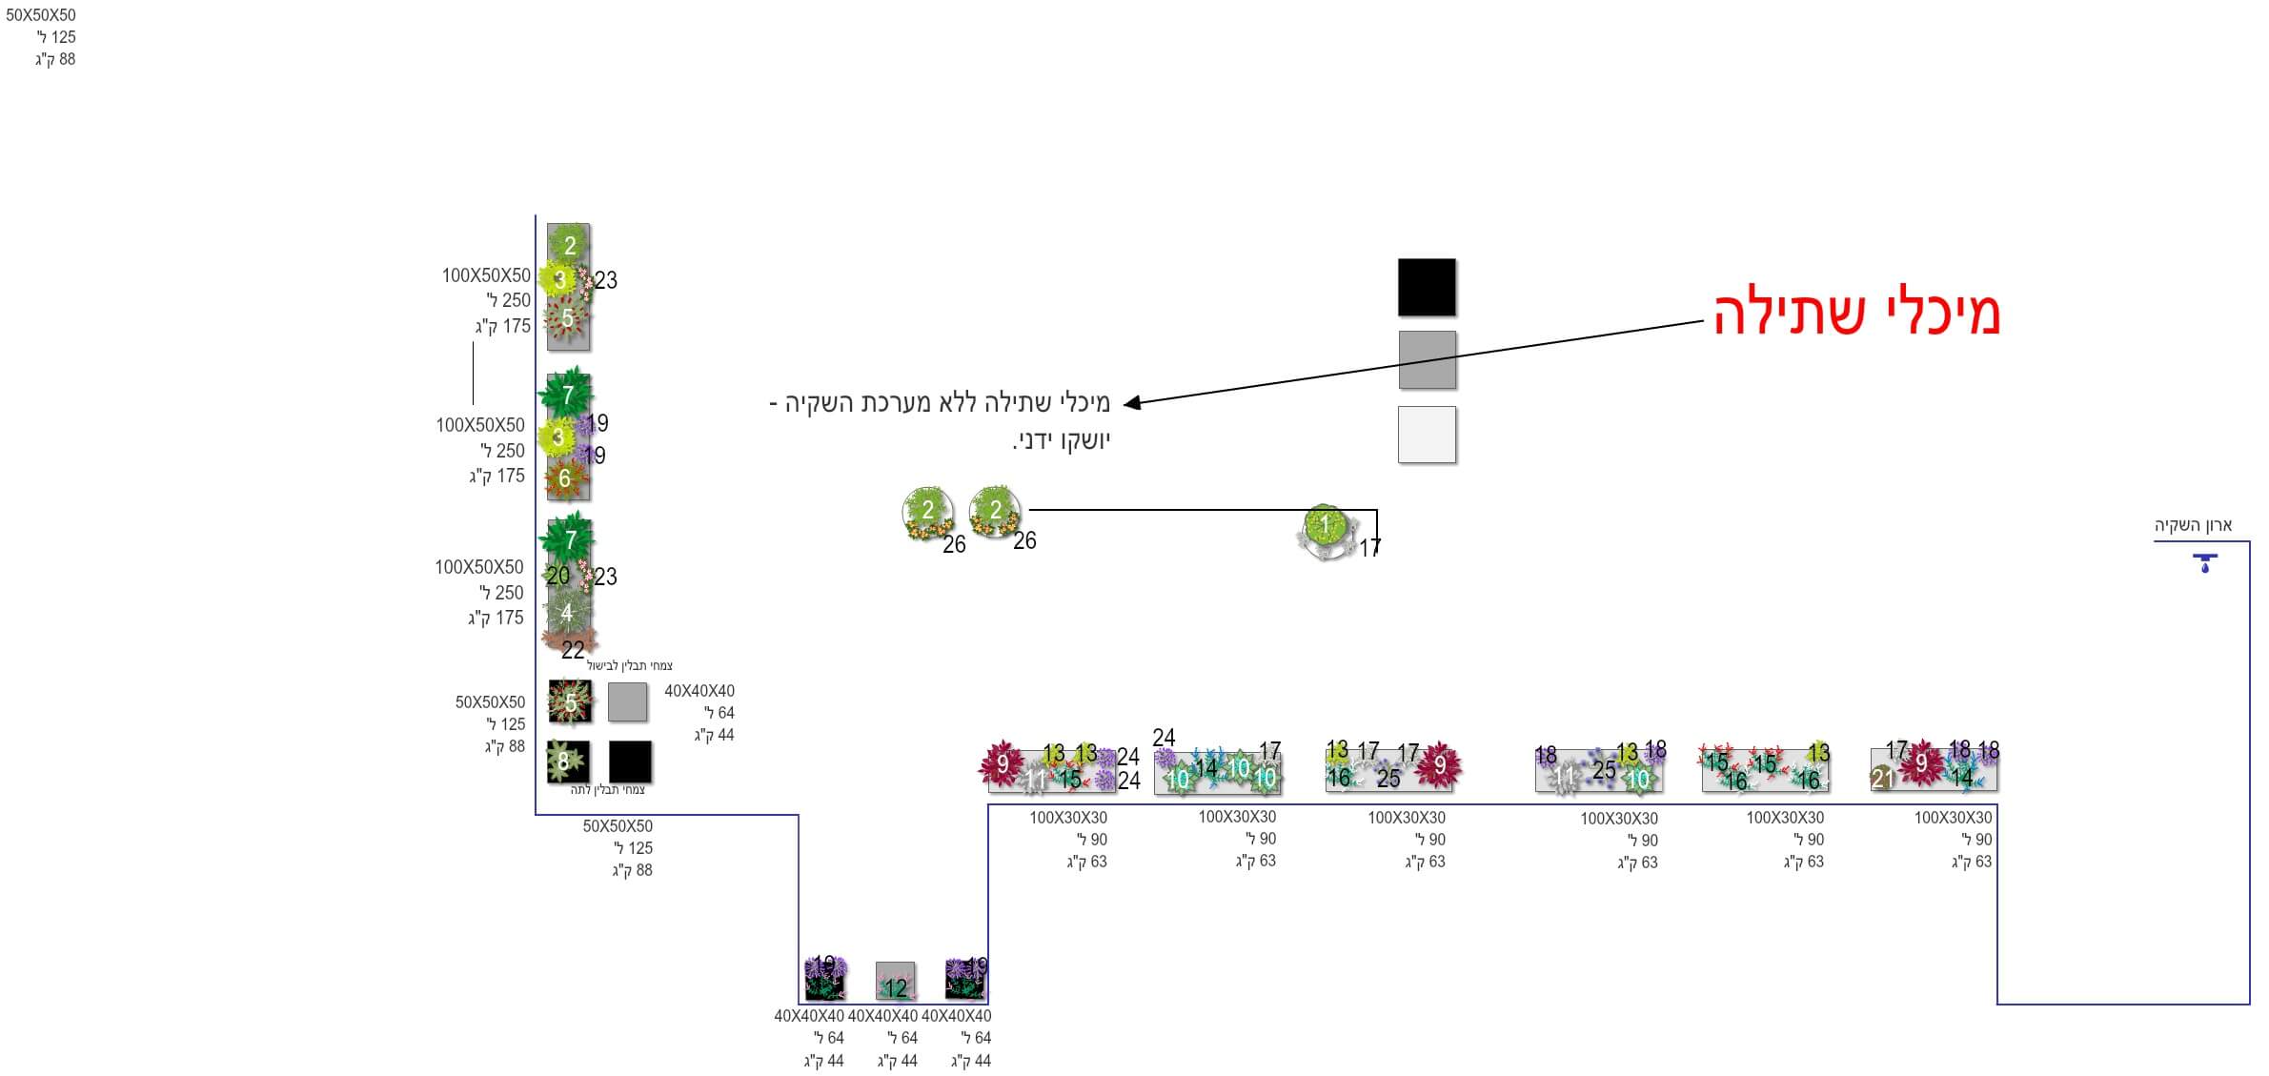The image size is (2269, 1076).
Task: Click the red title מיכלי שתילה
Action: (1855, 313)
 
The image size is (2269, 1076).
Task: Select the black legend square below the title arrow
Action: (1426, 287)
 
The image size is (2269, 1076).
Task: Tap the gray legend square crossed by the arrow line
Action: (1426, 359)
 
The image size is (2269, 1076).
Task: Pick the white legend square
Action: (1426, 435)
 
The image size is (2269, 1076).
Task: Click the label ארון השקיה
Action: (2193, 525)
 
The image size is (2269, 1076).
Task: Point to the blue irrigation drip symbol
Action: (2204, 562)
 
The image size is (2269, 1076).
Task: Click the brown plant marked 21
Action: (1881, 779)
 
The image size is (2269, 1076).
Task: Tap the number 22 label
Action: (573, 650)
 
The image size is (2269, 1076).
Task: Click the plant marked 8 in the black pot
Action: (564, 761)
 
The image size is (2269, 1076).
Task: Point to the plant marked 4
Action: (567, 612)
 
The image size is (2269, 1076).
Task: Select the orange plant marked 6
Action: (564, 477)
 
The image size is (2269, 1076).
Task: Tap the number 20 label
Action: (557, 576)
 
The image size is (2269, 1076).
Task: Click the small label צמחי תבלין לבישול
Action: (629, 665)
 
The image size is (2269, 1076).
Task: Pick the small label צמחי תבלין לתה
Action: (608, 789)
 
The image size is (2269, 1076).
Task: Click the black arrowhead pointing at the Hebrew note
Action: (1131, 403)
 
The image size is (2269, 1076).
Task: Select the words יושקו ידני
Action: (1061, 441)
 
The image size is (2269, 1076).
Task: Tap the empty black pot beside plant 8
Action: (630, 761)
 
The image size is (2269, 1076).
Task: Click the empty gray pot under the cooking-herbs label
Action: (627, 701)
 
